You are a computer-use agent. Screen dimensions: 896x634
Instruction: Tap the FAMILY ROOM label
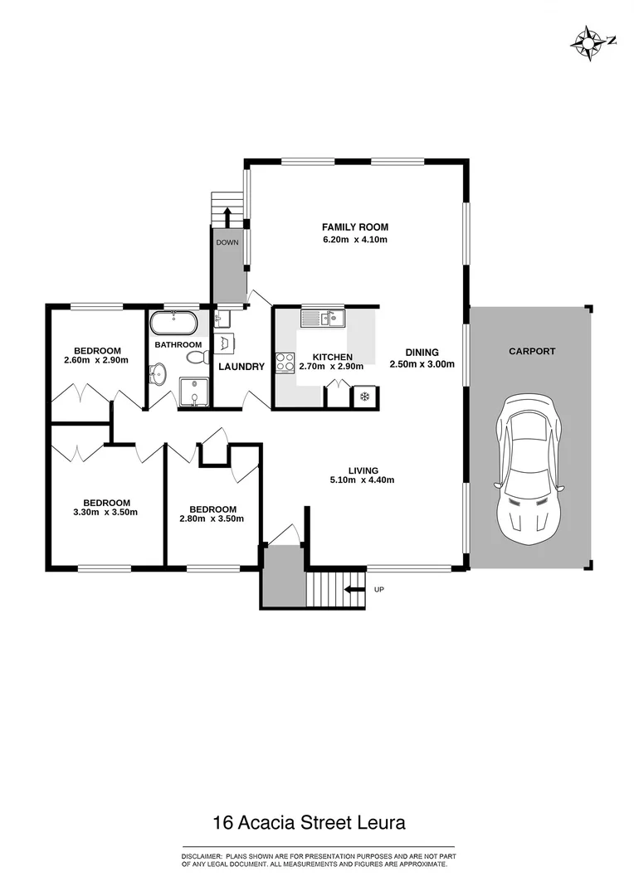[x=355, y=227]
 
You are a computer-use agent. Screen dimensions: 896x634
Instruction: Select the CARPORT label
[x=532, y=352]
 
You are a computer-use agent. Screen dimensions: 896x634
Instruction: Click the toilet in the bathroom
[x=197, y=357]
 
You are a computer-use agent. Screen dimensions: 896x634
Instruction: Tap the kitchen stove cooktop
[x=285, y=363]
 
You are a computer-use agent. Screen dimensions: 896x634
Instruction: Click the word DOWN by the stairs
[x=227, y=243]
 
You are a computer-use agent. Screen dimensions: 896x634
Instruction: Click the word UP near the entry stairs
[x=379, y=590]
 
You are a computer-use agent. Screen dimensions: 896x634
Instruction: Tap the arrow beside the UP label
[x=354, y=590]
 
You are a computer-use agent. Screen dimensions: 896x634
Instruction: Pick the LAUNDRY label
[x=241, y=367]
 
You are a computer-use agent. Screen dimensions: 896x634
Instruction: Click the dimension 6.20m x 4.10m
[x=355, y=240]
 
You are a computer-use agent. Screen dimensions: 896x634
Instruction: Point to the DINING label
[x=422, y=352]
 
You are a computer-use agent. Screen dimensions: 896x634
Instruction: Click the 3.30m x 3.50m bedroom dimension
[x=106, y=513]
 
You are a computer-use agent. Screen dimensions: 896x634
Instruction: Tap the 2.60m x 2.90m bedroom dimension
[x=95, y=361]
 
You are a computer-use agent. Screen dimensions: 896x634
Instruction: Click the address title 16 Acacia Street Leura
[x=310, y=823]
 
